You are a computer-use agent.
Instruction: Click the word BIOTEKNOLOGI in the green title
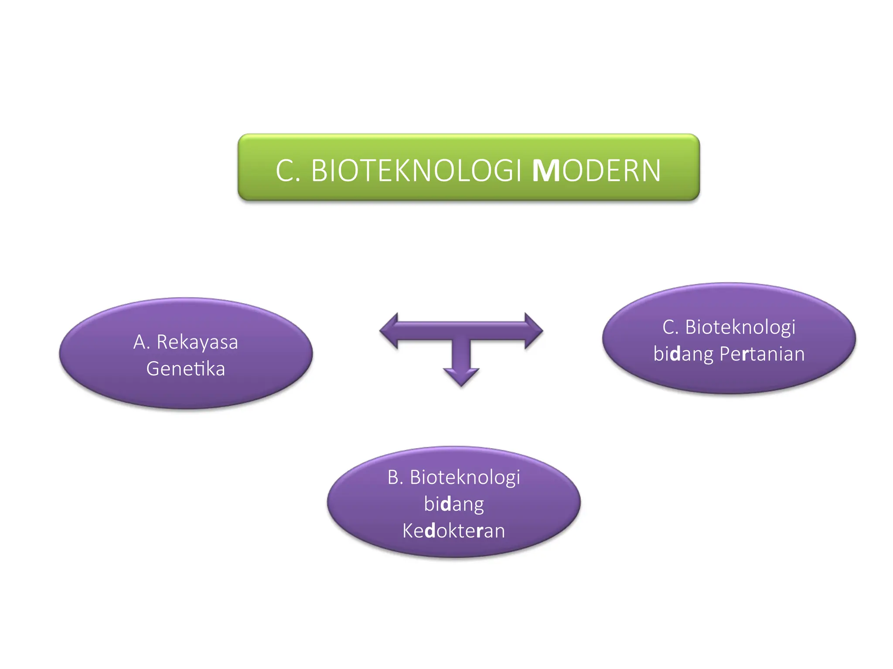[x=416, y=171]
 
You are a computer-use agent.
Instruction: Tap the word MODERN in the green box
[x=596, y=171]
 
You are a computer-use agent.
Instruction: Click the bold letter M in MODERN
[x=546, y=171]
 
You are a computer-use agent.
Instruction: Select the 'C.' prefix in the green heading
[x=288, y=171]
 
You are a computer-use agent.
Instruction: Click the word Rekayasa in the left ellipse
[x=197, y=342]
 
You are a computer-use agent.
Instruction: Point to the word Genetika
[x=186, y=369]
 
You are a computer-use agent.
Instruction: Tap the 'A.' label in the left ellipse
[x=142, y=342]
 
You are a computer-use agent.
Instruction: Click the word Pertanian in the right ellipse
[x=762, y=354]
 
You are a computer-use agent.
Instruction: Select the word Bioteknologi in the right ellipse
[x=740, y=327]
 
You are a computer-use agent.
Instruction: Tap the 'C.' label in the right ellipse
[x=671, y=327]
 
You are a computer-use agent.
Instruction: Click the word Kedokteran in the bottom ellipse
[x=453, y=531]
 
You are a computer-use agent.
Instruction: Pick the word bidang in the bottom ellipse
[x=453, y=504]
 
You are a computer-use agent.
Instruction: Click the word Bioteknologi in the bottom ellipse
[x=465, y=477]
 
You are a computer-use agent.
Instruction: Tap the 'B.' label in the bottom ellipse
[x=395, y=477]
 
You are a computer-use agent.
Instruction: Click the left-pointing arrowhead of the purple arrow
[x=389, y=331]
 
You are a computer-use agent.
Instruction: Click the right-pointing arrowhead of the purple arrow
[x=533, y=331]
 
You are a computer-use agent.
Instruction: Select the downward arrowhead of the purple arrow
[x=461, y=376]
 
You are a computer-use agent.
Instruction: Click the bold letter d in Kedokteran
[x=429, y=531]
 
